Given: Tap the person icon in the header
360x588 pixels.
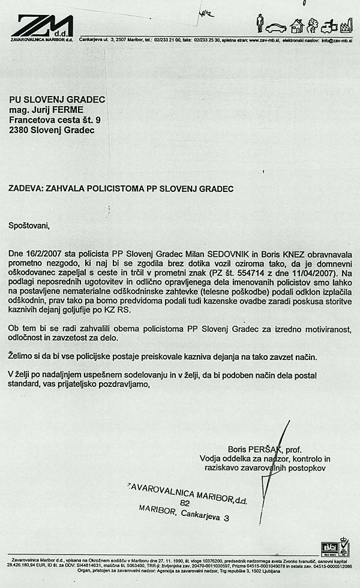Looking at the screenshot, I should tap(260, 23).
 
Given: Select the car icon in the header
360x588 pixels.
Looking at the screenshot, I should tap(276, 27).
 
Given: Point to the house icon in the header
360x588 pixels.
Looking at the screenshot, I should tap(296, 26).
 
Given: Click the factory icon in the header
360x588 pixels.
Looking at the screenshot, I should tap(346, 26).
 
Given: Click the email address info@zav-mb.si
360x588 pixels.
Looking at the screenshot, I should tap(337, 40).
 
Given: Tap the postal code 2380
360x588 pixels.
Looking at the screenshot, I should tap(19, 130).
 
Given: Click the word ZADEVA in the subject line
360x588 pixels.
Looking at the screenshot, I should tap(26, 188).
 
